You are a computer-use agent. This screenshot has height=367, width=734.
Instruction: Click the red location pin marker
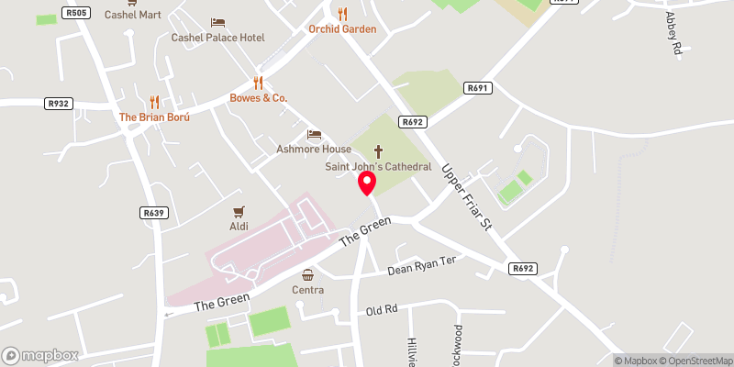(x=367, y=183)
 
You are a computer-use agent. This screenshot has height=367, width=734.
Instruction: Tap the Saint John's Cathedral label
(x=378, y=167)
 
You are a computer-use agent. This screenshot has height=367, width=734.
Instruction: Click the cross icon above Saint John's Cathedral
(x=378, y=150)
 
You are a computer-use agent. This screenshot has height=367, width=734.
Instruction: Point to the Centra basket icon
(x=308, y=274)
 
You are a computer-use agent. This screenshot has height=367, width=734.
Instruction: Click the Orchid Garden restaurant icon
(x=342, y=14)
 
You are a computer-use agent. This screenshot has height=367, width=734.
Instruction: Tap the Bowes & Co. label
(x=259, y=97)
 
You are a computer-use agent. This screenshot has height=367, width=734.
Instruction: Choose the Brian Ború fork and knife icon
(x=154, y=102)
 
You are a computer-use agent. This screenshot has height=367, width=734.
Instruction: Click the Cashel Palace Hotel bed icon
(x=217, y=22)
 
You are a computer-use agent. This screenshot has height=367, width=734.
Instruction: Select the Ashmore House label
(x=315, y=149)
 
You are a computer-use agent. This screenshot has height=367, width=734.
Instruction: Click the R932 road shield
(x=58, y=104)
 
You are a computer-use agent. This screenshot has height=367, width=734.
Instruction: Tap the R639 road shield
(x=153, y=213)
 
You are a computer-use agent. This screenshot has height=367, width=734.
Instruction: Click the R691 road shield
(x=476, y=88)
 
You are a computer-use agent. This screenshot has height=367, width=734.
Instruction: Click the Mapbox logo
(x=39, y=355)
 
